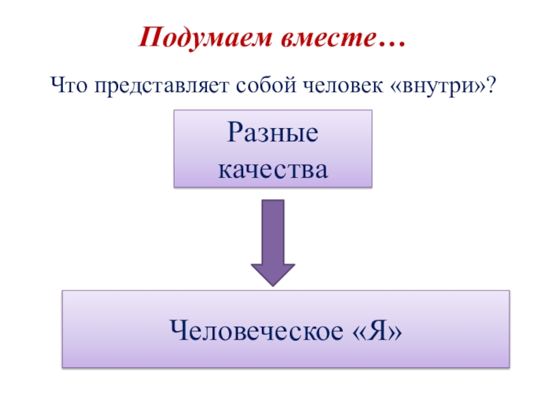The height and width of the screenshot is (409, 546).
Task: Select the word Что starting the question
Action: [69, 87]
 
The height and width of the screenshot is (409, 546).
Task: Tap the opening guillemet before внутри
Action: [396, 88]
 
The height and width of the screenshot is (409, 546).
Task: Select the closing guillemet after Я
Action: [394, 332]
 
